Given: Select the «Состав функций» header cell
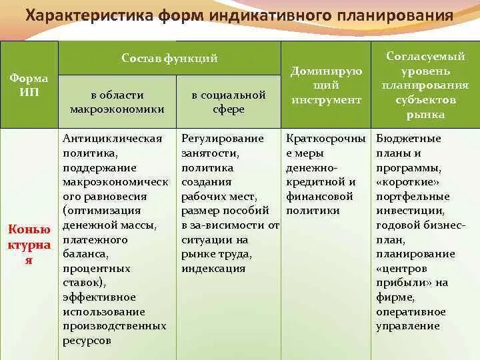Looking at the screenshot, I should (x=169, y=58).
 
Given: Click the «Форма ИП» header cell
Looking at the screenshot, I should (x=29, y=85).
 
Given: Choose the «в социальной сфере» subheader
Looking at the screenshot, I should (x=228, y=102).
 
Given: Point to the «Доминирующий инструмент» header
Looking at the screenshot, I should (x=326, y=85).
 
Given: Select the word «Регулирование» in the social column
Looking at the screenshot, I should (x=223, y=139).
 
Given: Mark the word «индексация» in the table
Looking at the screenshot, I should (x=213, y=269).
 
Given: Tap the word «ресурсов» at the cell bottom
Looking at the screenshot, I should (x=87, y=341).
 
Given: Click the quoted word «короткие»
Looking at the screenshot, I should (x=409, y=182).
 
